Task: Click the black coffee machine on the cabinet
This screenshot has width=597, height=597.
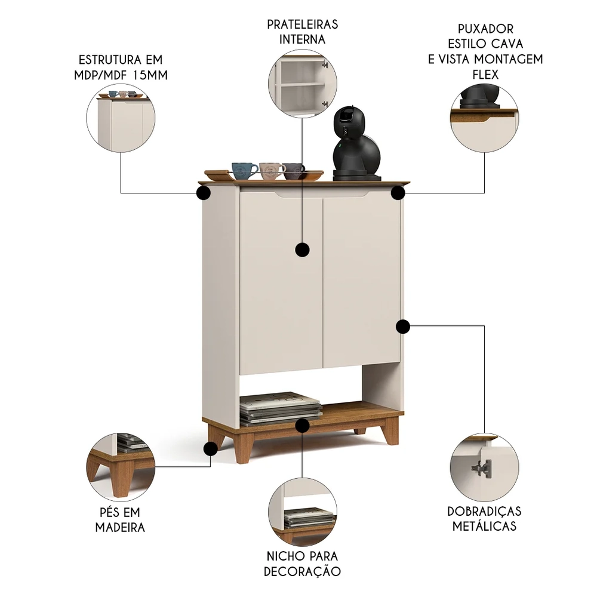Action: tap(357, 144)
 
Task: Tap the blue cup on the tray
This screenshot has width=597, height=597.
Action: tap(244, 171)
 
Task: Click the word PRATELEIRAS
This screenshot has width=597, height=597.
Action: tap(302, 24)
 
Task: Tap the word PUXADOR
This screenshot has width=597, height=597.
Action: tap(485, 29)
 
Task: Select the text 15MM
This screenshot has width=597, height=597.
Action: tap(150, 75)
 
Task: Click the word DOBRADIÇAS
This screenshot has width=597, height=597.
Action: tap(484, 511)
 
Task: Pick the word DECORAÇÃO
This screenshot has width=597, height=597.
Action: tap(302, 571)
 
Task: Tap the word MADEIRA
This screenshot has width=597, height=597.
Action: tap(120, 527)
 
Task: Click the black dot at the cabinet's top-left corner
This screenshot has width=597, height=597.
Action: tap(204, 193)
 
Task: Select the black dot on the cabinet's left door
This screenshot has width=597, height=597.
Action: tap(302, 250)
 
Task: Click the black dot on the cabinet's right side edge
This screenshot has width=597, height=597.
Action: tap(403, 327)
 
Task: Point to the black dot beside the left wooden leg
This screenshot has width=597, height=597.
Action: tap(211, 449)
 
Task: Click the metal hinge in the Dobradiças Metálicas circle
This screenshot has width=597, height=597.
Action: tap(482, 468)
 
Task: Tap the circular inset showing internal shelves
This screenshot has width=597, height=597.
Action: tap(302, 83)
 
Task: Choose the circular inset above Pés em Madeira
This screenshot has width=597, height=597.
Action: tap(121, 467)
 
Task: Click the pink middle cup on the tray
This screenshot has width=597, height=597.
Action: tap(271, 171)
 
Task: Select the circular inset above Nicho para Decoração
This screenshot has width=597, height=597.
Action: tap(302, 512)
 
